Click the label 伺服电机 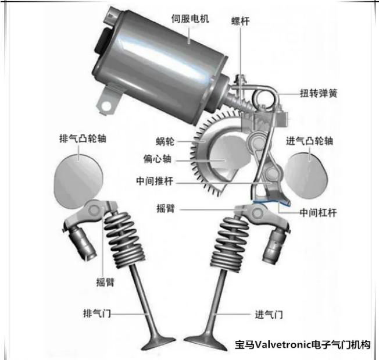tap(190, 19)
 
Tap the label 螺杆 tap(240, 22)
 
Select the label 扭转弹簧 tap(319, 93)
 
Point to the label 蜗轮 tap(165, 141)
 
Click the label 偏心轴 tap(158, 159)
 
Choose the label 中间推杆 tap(155, 181)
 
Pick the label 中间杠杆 tap(318, 213)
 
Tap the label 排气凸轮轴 tap(83, 138)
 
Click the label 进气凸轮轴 tap(309, 141)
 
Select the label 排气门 tap(97, 313)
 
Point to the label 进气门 tap(269, 315)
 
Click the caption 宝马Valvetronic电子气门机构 tap(302, 344)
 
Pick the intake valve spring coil tap(230, 244)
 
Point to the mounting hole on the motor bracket tap(106, 106)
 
